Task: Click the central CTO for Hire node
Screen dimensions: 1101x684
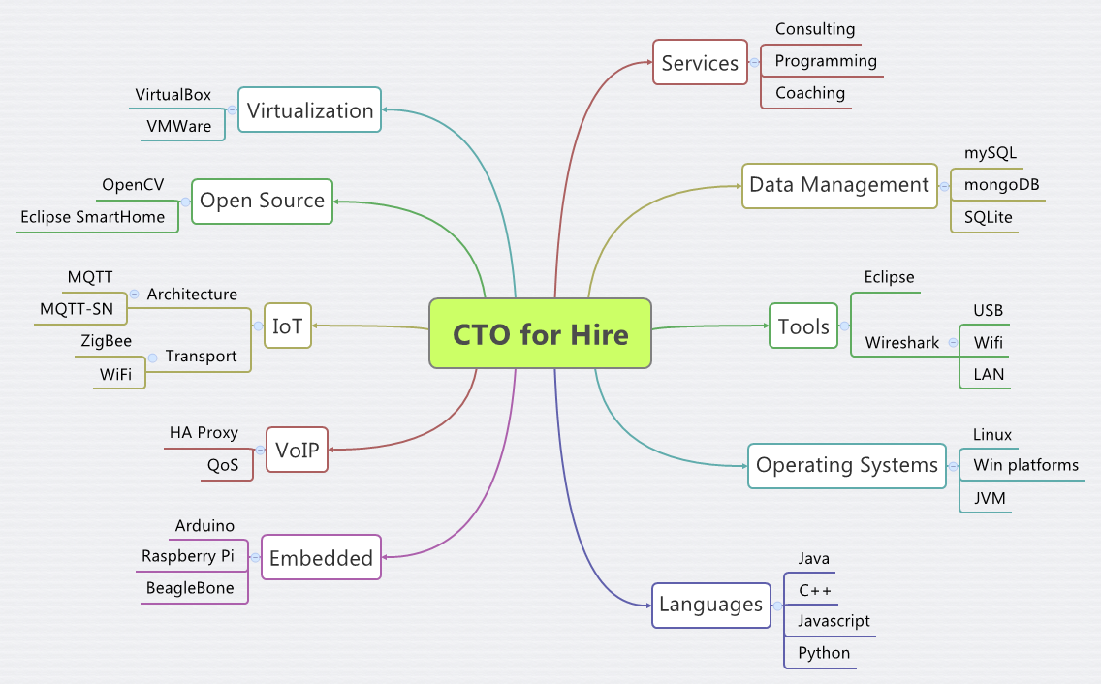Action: pyautogui.click(x=540, y=334)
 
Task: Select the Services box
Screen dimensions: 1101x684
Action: pyautogui.click(x=700, y=63)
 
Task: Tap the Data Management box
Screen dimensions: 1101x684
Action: pyautogui.click(x=839, y=184)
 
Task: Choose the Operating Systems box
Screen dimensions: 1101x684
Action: pyautogui.click(x=846, y=465)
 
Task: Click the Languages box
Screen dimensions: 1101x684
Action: pyautogui.click(x=710, y=605)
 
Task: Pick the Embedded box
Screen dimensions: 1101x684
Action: pyautogui.click(x=321, y=557)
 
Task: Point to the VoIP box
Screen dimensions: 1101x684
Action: pyautogui.click(x=297, y=450)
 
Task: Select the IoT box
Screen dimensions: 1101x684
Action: pyautogui.click(x=287, y=326)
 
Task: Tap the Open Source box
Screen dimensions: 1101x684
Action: pyautogui.click(x=262, y=201)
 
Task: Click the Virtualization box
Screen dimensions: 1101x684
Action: pyautogui.click(x=309, y=110)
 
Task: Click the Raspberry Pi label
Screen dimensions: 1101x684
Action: pyautogui.click(x=188, y=556)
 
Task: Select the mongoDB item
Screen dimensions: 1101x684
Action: pyautogui.click(x=994, y=185)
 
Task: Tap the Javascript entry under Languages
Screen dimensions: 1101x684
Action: pyautogui.click(x=834, y=621)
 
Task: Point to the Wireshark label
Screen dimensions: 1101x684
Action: pyautogui.click(x=902, y=342)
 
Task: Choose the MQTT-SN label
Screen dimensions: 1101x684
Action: pyautogui.click(x=77, y=310)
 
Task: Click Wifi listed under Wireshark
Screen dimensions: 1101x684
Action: pyautogui.click(x=989, y=342)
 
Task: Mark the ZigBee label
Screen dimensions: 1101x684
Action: pyautogui.click(x=107, y=341)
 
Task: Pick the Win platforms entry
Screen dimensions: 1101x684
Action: pyautogui.click(x=1025, y=465)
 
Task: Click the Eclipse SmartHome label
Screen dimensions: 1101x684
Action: pyautogui.click(x=93, y=217)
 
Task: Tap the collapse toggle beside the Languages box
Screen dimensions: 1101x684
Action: pyautogui.click(x=776, y=605)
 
